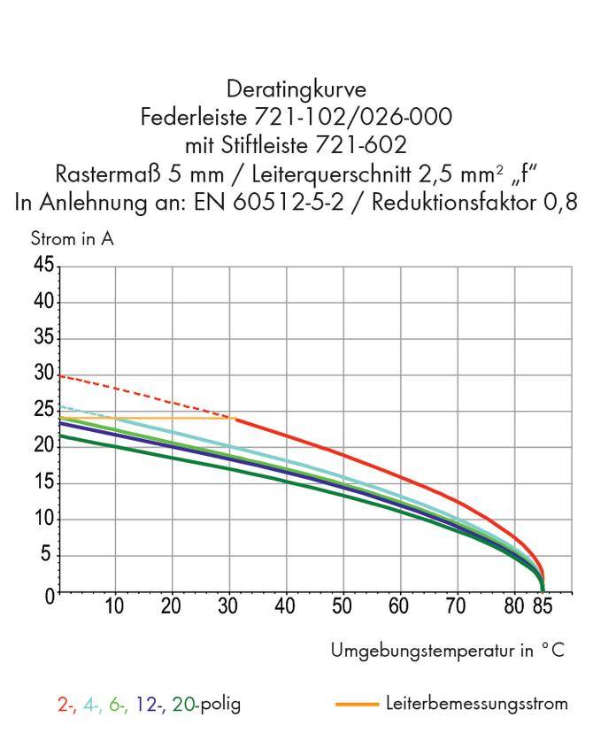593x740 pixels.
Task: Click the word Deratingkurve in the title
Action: pyautogui.click(x=296, y=89)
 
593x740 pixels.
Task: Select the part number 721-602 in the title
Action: pyautogui.click(x=362, y=145)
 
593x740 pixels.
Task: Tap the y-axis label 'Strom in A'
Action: pyautogui.click(x=72, y=239)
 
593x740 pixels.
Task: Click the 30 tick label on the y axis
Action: pyautogui.click(x=43, y=374)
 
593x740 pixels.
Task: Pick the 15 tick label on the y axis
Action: pyautogui.click(x=43, y=483)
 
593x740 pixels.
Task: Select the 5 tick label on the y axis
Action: pyautogui.click(x=49, y=556)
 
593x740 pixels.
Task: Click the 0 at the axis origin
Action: pyautogui.click(x=50, y=593)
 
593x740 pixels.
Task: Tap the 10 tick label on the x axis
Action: pyautogui.click(x=114, y=607)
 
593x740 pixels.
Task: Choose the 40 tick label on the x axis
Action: pyautogui.click(x=285, y=607)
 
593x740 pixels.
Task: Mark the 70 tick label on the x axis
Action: pyautogui.click(x=456, y=607)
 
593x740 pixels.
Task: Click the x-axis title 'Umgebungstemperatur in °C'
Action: pyautogui.click(x=447, y=651)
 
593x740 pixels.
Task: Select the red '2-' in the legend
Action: pyautogui.click(x=66, y=705)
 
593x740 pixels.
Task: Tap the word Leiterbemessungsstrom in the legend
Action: pyautogui.click(x=477, y=704)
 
